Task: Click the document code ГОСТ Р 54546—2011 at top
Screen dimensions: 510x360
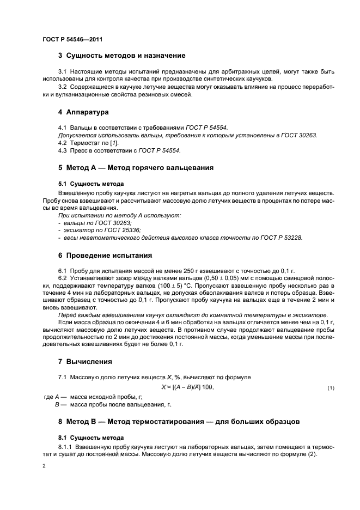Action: tap(72, 39)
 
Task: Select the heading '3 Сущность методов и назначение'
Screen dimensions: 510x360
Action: tap(121, 56)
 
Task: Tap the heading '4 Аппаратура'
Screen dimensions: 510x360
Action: tap(83, 112)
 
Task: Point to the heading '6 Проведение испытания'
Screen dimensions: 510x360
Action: tap(105, 255)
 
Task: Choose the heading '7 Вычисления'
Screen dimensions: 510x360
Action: tap(85, 361)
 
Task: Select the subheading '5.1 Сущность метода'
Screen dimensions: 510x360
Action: tap(91, 184)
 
